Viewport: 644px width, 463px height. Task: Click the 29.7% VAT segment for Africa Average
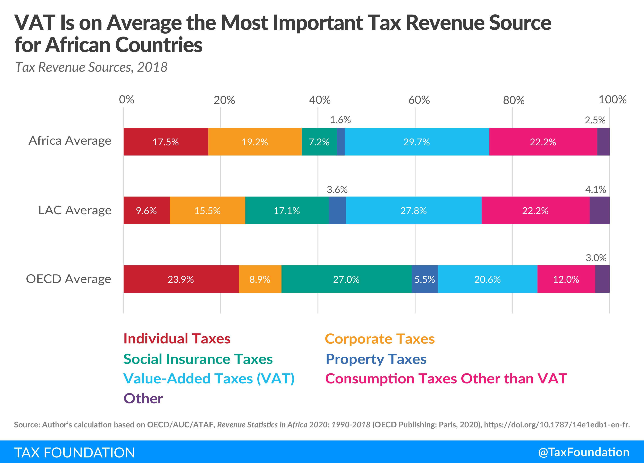417,142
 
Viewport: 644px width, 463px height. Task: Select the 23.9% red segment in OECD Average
181,279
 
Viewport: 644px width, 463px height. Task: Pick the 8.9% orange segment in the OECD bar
260,279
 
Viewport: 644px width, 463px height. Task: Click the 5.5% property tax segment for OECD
425,279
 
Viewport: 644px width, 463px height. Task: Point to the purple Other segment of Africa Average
603,142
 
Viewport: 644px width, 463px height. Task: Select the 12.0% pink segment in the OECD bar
566,279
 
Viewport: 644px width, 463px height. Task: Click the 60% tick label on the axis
419,100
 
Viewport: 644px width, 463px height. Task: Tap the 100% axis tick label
612,99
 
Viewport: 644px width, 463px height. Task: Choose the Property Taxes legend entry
376,359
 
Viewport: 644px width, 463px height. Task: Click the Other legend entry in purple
143,398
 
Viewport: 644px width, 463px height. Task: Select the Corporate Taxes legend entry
380,339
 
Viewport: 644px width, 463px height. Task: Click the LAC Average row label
75,210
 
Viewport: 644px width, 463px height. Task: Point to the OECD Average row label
68,279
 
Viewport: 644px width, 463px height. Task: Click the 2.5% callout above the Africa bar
595,120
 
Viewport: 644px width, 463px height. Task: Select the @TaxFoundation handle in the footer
584,452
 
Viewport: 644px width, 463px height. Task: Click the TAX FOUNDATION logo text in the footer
74,452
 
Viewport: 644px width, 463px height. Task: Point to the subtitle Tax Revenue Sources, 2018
91,67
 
